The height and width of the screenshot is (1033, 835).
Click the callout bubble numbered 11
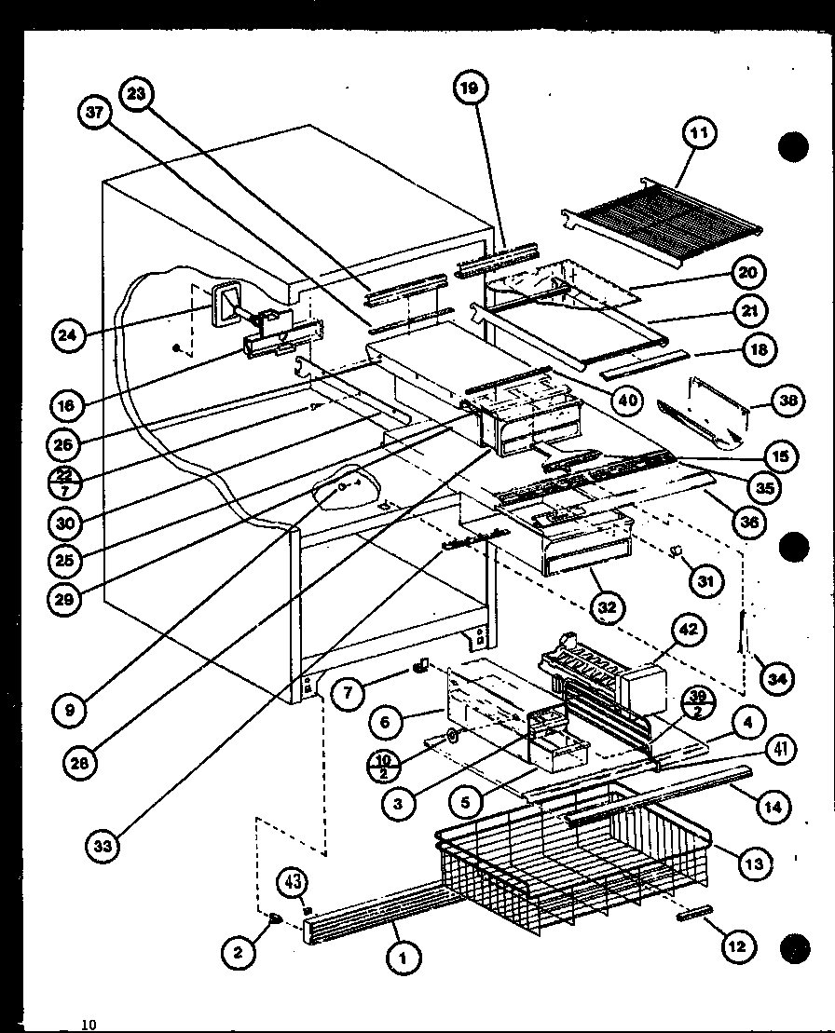[x=698, y=133]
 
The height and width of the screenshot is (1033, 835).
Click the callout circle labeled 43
[x=293, y=881]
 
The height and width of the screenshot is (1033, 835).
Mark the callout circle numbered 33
[x=104, y=846]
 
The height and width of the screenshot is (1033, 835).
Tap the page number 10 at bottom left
[x=89, y=1025]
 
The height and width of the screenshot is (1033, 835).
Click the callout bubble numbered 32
[x=608, y=606]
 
